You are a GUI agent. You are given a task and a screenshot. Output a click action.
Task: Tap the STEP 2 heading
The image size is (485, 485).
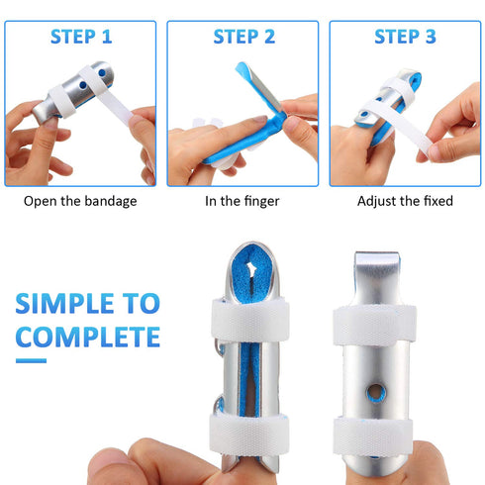[x=243, y=38]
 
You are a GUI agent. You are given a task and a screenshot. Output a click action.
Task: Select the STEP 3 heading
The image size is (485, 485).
[x=405, y=38]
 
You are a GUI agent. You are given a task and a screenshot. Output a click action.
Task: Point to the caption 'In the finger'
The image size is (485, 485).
[x=243, y=201]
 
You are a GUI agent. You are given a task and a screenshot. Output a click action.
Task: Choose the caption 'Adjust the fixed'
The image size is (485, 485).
[x=405, y=201]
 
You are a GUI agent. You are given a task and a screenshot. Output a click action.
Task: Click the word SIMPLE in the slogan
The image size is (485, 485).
[x=61, y=301]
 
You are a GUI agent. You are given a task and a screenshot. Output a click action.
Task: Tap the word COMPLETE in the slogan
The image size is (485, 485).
[x=88, y=336]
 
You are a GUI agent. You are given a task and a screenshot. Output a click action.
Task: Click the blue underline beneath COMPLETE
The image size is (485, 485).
[x=31, y=360]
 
